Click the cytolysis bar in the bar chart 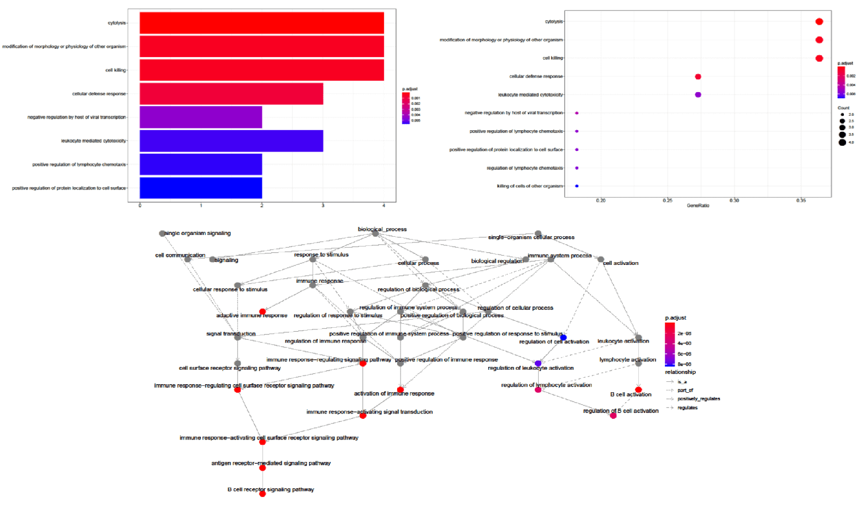(x=261, y=23)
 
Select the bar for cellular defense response (x=231, y=94)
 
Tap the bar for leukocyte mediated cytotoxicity (x=231, y=141)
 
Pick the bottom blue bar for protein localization (x=200, y=188)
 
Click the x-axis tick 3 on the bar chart (x=323, y=206)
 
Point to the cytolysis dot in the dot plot (x=819, y=22)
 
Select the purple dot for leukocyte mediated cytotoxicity (x=698, y=94)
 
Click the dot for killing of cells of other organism (x=577, y=186)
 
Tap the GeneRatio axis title (x=698, y=206)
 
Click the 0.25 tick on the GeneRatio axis (x=668, y=200)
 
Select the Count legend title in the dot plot (x=843, y=108)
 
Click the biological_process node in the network (x=375, y=233)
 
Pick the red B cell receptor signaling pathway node (x=262, y=494)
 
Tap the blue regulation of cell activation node (x=563, y=338)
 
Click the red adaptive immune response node (x=262, y=312)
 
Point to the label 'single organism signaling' (x=197, y=233)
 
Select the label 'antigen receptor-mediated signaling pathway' (x=271, y=463)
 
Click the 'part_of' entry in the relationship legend (x=685, y=390)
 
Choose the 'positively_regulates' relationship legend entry (x=698, y=399)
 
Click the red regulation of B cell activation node (x=613, y=416)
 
